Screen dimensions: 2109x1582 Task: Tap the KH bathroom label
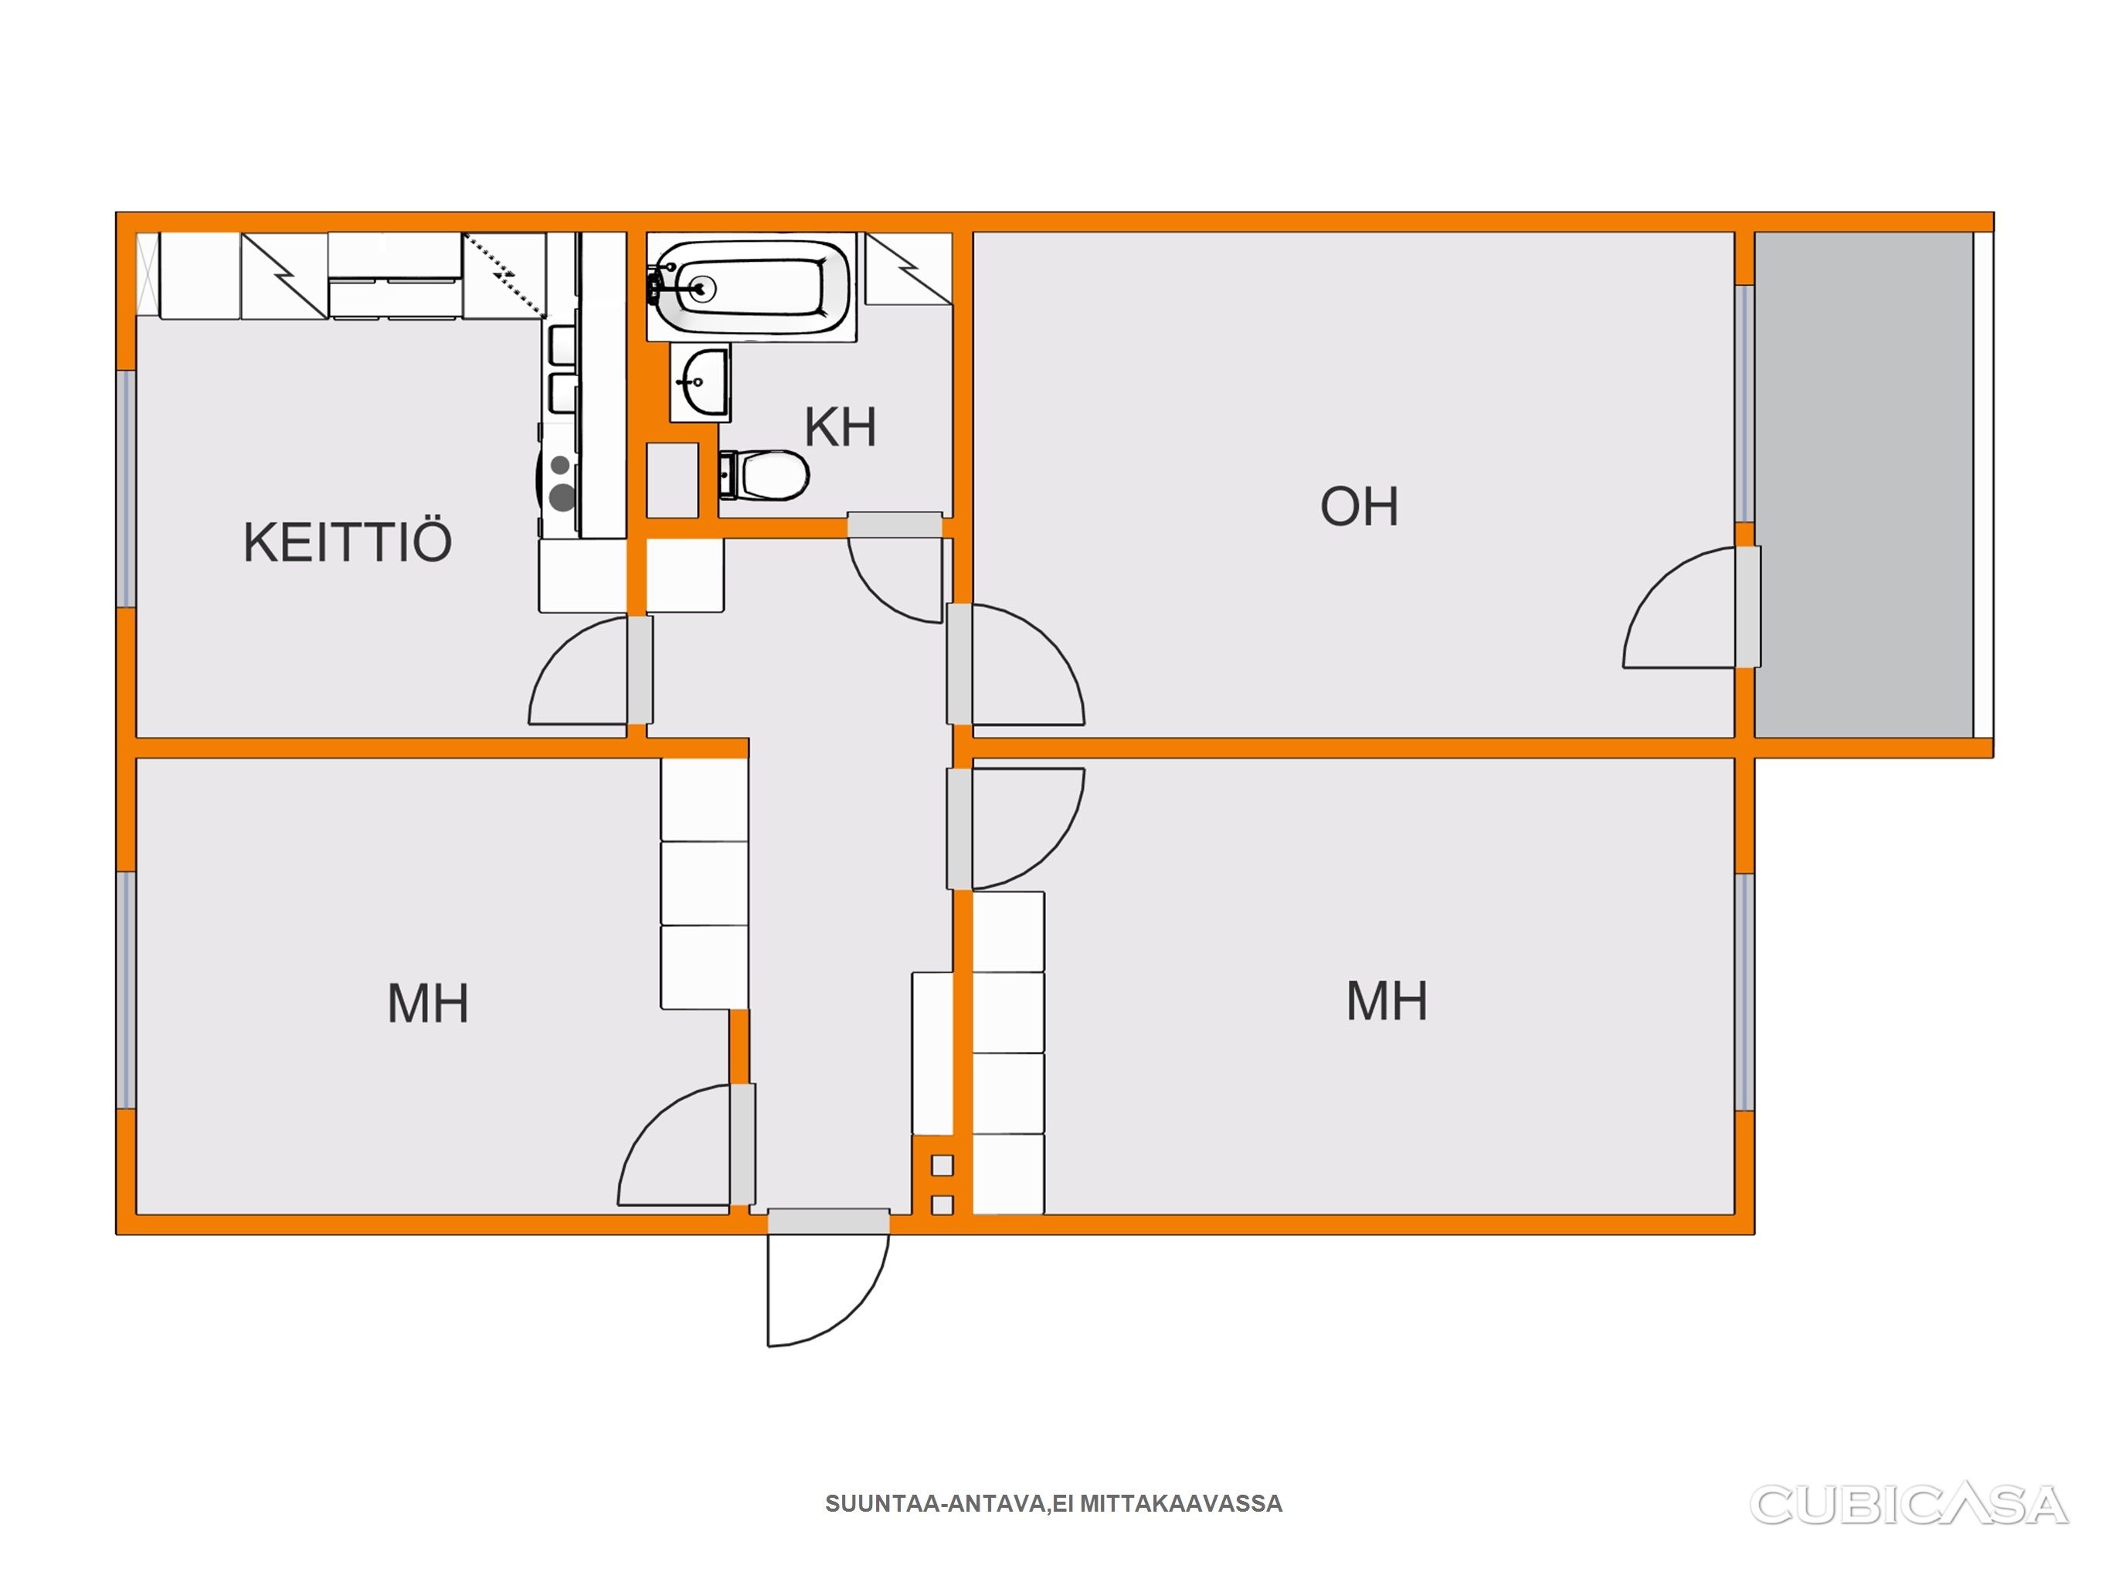840,427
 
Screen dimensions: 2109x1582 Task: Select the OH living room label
1359,507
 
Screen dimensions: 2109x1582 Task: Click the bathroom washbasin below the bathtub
700,382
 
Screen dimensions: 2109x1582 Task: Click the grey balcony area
1863,484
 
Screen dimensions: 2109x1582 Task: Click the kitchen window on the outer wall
126,488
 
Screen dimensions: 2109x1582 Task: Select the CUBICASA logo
1908,1506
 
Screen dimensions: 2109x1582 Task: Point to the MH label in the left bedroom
428,1003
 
